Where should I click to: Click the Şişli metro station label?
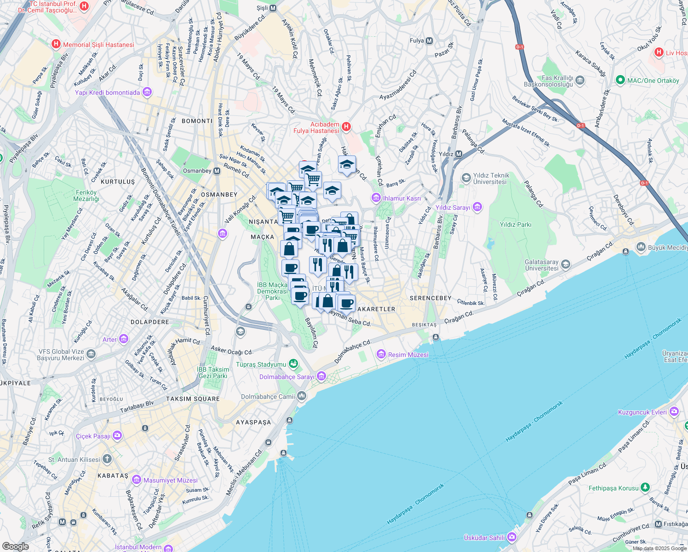point(262,8)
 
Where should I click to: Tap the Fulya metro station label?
point(417,40)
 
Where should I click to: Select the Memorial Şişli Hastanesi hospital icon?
point(56,45)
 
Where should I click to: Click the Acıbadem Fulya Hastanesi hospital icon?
point(346,126)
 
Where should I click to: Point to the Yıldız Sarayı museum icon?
point(477,207)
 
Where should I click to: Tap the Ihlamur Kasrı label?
point(401,198)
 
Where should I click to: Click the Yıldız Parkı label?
point(515,224)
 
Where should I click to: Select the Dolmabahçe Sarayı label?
point(287,377)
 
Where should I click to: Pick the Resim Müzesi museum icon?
point(381,354)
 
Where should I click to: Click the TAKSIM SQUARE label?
point(193,399)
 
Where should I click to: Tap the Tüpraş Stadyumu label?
point(261,364)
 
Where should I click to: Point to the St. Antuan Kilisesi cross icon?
point(107,459)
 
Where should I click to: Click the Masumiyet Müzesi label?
point(170,480)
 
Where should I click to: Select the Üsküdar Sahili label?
point(484,537)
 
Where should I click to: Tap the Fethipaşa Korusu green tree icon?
point(645,487)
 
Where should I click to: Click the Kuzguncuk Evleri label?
point(642,412)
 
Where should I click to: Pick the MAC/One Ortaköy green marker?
point(620,80)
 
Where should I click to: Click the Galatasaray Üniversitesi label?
point(542,265)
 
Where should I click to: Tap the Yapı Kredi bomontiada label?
point(107,92)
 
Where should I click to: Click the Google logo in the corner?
point(15,546)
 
